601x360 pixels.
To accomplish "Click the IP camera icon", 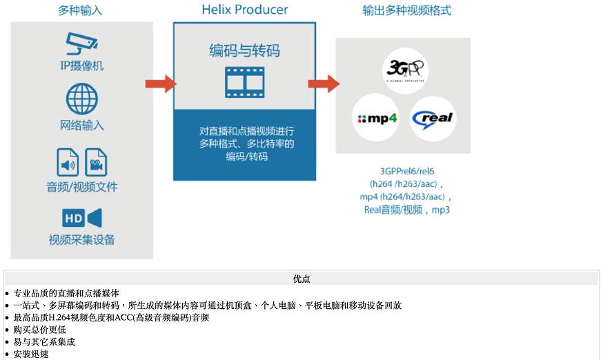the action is click(x=81, y=43).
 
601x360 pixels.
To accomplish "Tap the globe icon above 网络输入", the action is click(x=81, y=99).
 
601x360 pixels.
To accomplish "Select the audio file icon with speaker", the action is click(x=68, y=162).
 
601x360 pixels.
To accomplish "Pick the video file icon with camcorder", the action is click(x=96, y=162).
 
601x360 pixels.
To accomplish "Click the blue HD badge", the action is click(x=73, y=218).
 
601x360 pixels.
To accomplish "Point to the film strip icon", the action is click(x=244, y=82).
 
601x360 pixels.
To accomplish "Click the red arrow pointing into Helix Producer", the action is click(x=161, y=84).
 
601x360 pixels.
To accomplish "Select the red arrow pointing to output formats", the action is click(x=324, y=84).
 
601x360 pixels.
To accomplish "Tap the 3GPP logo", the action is click(x=405, y=70).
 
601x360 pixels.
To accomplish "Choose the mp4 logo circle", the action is click(x=375, y=117).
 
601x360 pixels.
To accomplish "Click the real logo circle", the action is click(x=433, y=119).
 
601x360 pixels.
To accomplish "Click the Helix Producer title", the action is click(x=244, y=10).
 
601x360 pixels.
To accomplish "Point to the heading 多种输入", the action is click(x=80, y=10).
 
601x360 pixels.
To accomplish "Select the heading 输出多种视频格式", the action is click(x=406, y=10).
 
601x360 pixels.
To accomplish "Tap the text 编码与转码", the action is click(x=244, y=50).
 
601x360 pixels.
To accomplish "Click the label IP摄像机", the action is click(x=81, y=66).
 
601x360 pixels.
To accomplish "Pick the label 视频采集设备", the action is click(x=81, y=240).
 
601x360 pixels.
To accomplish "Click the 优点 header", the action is click(x=302, y=279).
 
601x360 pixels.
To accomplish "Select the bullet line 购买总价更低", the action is click(x=39, y=330).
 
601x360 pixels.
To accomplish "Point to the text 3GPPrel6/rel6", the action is click(x=407, y=171).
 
